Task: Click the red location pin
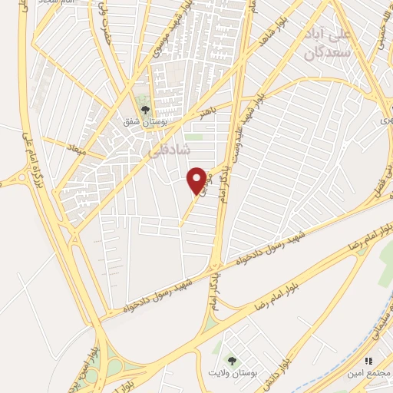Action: [x=197, y=180]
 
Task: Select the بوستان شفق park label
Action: [x=143, y=121]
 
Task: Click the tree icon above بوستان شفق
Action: [x=144, y=108]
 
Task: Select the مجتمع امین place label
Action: [x=369, y=372]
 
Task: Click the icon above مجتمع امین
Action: [x=369, y=360]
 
